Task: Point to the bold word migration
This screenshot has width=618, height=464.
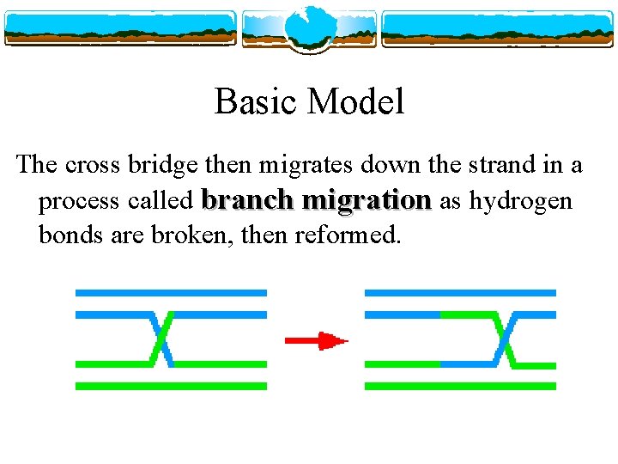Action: point(368,201)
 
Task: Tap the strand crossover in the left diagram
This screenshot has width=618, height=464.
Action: point(161,339)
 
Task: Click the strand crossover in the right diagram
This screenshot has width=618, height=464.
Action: point(506,339)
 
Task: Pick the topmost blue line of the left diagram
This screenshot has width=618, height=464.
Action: point(171,293)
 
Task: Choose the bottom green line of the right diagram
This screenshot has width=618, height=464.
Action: point(460,387)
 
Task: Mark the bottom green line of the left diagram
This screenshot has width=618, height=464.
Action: point(171,387)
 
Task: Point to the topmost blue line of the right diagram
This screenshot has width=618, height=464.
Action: point(460,293)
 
